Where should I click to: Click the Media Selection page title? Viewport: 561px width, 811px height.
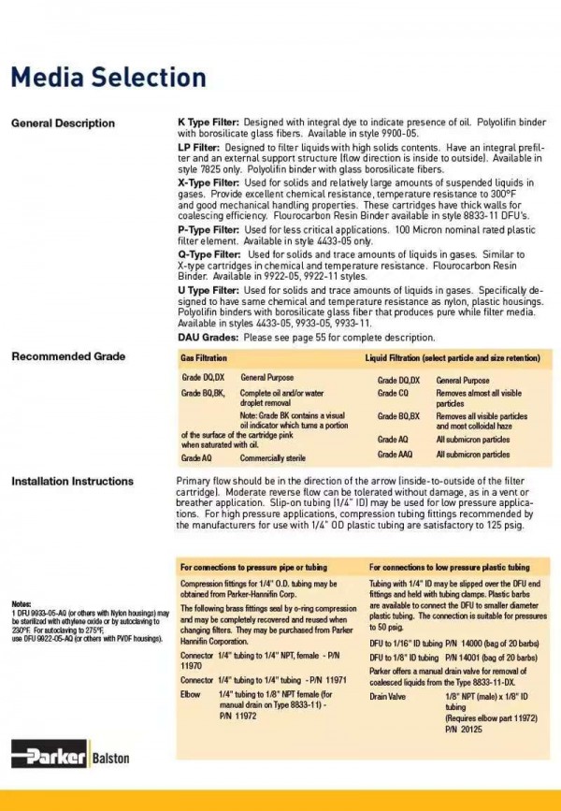tap(108, 76)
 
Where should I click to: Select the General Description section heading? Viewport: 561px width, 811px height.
tap(63, 123)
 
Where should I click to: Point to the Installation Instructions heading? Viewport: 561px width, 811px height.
tap(72, 482)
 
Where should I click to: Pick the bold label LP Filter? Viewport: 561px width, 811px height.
tap(198, 150)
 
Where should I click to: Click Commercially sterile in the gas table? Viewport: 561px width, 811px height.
tap(273, 459)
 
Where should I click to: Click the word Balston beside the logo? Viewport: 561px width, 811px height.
tap(110, 758)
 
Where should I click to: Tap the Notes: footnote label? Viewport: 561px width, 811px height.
tap(22, 604)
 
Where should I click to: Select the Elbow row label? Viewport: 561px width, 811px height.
tap(190, 696)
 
